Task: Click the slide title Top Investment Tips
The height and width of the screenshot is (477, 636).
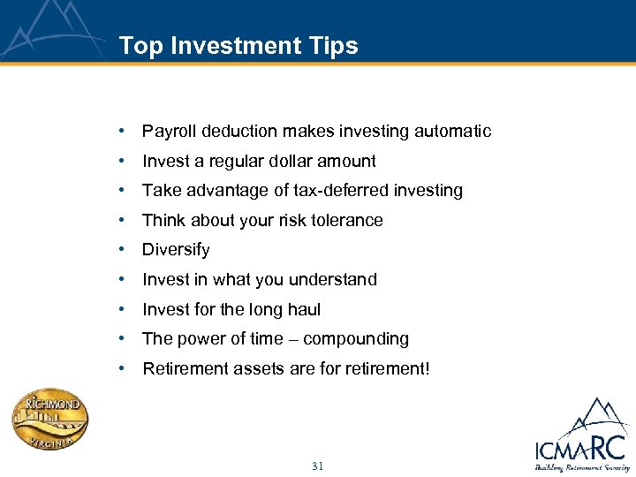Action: pos(238,46)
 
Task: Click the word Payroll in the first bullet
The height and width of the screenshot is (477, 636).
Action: pos(169,132)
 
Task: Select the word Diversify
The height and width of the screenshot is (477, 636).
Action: pos(176,250)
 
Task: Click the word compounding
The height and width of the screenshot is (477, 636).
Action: pos(356,339)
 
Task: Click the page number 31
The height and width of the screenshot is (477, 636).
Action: pos(318,466)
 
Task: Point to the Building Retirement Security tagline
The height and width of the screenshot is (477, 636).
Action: pos(580,467)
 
